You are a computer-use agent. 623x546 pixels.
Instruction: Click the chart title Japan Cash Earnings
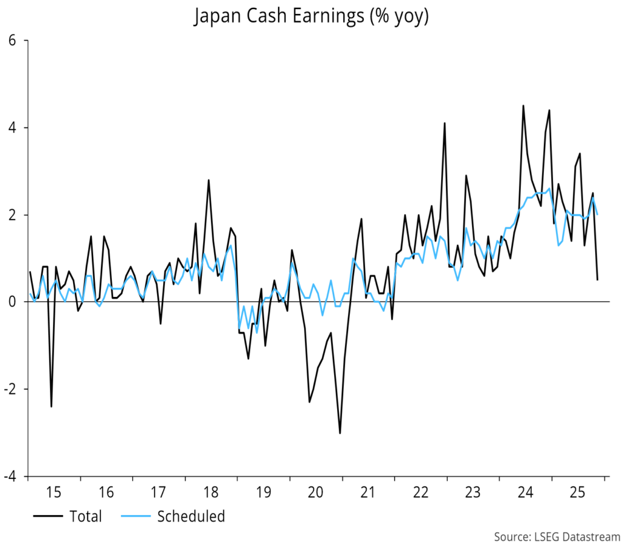pyautogui.click(x=311, y=17)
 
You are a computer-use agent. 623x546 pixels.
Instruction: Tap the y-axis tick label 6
pyautogui.click(x=18, y=41)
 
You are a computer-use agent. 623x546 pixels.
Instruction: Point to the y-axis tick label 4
pyautogui.click(x=18, y=128)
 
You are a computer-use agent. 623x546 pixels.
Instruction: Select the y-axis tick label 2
pyautogui.click(x=18, y=215)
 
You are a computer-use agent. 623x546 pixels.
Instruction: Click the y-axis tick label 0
pyautogui.click(x=18, y=302)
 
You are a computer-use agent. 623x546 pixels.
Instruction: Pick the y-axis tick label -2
pyautogui.click(x=15, y=389)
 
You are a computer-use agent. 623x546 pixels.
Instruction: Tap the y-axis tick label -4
pyautogui.click(x=15, y=476)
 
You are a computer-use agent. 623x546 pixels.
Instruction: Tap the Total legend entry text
pyautogui.click(x=86, y=517)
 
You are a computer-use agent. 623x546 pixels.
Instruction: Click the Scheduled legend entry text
pyautogui.click(x=191, y=517)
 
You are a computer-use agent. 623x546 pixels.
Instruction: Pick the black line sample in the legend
pyautogui.click(x=47, y=517)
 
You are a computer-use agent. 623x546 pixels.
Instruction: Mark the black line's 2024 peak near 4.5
pyautogui.click(x=523, y=106)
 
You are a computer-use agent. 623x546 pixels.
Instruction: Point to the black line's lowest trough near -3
pyautogui.click(x=339, y=433)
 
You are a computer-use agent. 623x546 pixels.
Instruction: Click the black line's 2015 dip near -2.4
pyautogui.click(x=51, y=406)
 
